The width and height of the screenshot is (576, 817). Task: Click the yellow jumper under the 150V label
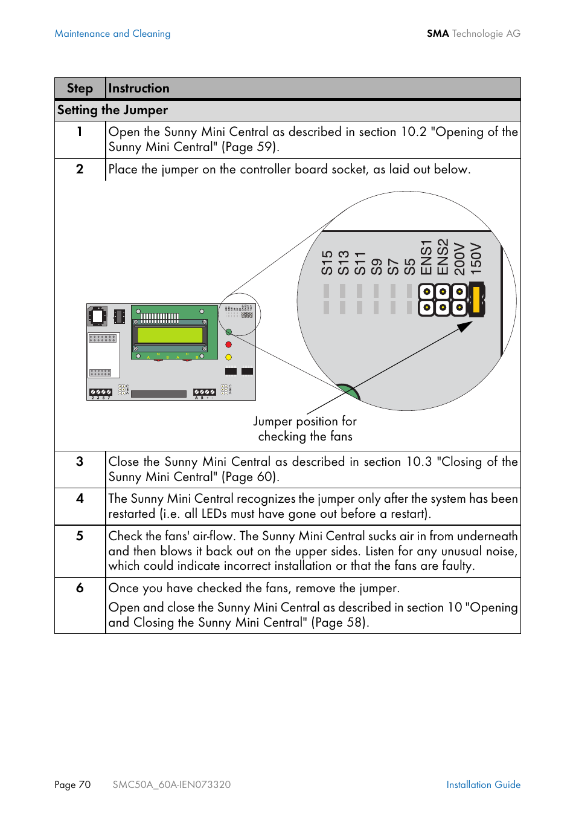pos(477,300)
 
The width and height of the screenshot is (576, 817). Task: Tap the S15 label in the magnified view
pos(327,263)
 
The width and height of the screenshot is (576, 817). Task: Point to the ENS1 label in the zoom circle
pos(426,257)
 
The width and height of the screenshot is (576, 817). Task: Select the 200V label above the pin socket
pos(459,259)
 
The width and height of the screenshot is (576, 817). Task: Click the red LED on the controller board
pos(228,344)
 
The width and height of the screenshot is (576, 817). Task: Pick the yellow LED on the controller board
pos(228,357)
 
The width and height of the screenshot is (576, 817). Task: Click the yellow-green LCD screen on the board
pos(170,335)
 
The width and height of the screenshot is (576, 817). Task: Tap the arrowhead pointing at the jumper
pos(465,326)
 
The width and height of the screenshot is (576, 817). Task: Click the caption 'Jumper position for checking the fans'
pos(305,428)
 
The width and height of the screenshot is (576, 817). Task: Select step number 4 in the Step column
pos(80,499)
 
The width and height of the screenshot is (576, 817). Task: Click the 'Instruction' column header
pos(139,88)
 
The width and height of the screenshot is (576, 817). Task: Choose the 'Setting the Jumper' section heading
pos(112,110)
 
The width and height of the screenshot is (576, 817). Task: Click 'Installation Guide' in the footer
pos(483,784)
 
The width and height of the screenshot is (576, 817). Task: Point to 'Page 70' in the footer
pos(72,784)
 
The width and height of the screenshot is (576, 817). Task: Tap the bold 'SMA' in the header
pos(438,34)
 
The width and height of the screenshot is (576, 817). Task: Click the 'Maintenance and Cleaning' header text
pos(112,34)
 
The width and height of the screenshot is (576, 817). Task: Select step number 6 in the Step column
pos(80,588)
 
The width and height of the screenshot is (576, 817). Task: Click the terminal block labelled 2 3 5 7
pos(101,393)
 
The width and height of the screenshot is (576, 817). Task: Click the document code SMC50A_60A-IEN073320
pos(171,784)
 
